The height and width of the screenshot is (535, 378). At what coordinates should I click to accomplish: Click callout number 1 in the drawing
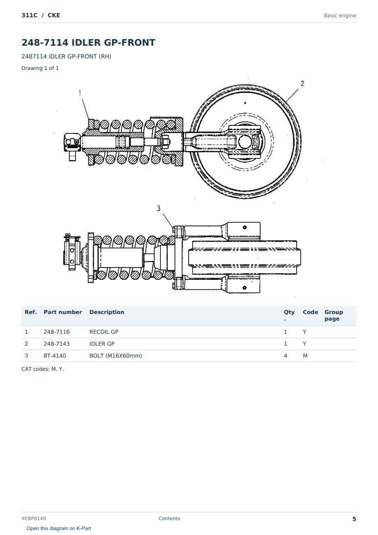[x=80, y=93]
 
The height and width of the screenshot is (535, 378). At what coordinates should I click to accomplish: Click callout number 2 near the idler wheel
[x=302, y=84]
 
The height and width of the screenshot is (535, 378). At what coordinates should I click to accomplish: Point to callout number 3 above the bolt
[x=159, y=208]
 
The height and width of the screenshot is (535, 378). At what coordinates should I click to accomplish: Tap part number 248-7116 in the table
[x=57, y=332]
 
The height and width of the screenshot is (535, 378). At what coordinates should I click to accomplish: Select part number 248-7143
[x=57, y=344]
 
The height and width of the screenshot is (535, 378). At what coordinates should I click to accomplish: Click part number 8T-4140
[x=55, y=356]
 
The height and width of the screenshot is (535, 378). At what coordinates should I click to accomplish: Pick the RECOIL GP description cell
[x=104, y=332]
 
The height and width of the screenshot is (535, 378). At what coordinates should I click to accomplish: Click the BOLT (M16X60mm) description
[x=116, y=356]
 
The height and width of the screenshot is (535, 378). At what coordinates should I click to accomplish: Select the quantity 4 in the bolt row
[x=286, y=356]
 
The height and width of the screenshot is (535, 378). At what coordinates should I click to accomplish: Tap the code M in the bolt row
[x=305, y=356]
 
